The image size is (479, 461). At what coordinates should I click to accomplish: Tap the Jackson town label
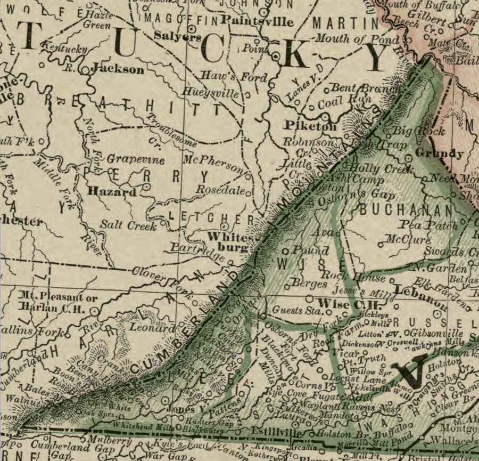click(x=118, y=69)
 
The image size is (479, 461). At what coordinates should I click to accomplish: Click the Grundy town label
click(x=439, y=153)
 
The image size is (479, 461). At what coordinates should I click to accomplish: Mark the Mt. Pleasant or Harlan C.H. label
click(x=53, y=302)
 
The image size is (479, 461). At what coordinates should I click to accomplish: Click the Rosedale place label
click(x=220, y=190)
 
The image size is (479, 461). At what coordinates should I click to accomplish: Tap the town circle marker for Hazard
click(x=147, y=188)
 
